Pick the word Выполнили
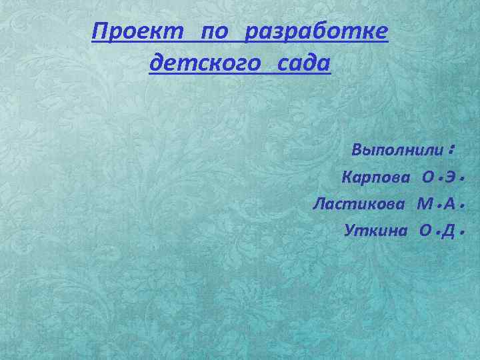tap(397, 150)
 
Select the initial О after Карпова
tap(427, 178)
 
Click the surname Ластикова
tap(359, 203)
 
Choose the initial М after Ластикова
tap(425, 203)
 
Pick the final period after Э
tap(461, 180)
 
